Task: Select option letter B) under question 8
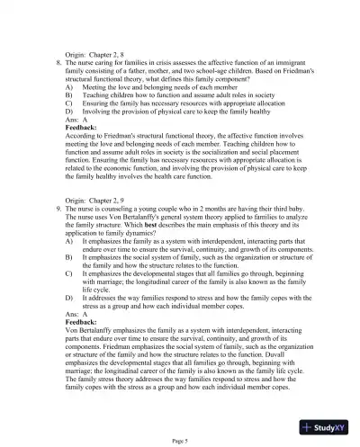[x=70, y=93]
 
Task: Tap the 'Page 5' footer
[x=179, y=440]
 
